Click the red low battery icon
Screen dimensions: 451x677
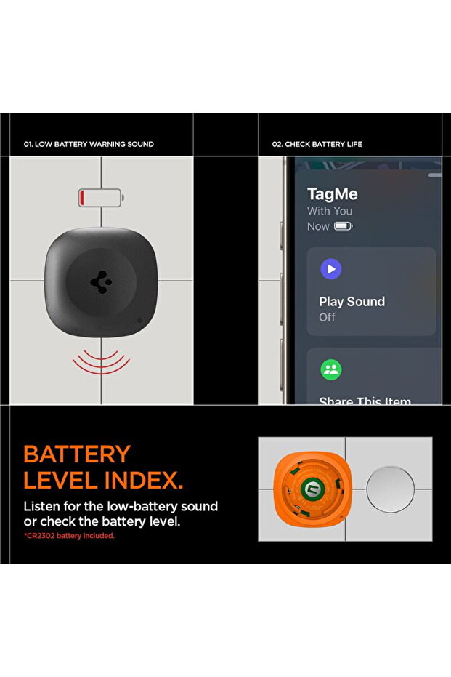102,197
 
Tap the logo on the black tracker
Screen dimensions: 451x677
102,282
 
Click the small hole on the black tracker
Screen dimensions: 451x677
139,321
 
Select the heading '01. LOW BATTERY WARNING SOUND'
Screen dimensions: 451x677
89,144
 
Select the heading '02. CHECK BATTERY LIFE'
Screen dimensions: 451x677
317,144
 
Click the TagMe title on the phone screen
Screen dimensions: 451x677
332,194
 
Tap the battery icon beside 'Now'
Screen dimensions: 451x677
344,226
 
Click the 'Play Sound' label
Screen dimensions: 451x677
352,301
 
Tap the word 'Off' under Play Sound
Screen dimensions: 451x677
327,317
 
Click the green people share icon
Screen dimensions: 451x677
331,369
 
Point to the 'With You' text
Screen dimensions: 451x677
330,211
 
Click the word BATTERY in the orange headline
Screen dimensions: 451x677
77,454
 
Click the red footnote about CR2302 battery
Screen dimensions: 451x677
69,536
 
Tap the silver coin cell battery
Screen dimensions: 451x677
390,489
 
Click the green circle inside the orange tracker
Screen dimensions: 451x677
310,489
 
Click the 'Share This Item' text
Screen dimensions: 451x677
365,401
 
